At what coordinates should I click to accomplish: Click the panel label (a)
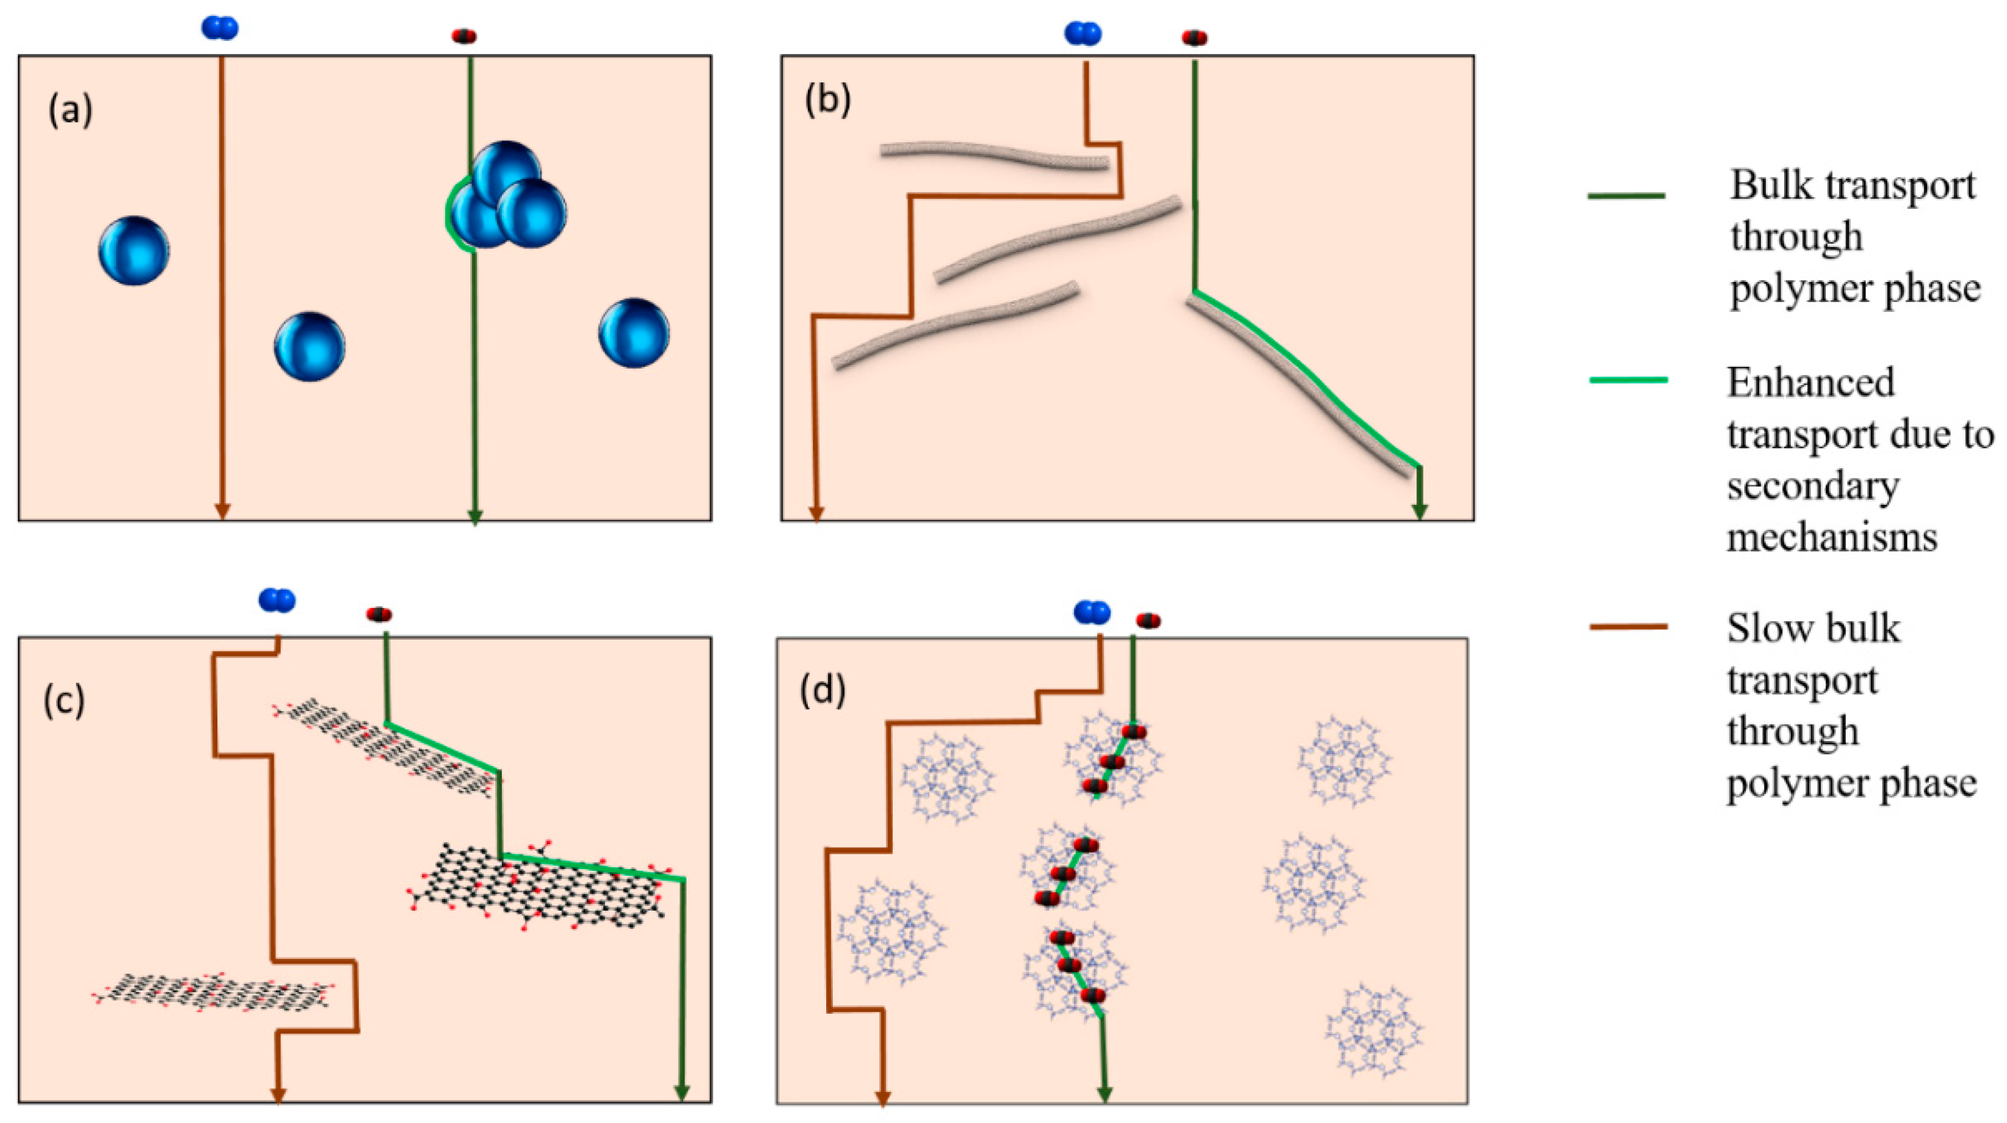pos(71,110)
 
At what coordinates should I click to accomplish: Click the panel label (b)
pos(827,101)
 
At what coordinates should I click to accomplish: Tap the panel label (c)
pos(64,700)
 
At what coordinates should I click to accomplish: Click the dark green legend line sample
pos(1627,195)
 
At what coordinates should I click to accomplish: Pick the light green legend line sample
pos(1627,380)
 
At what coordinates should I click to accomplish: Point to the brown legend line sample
pos(1627,626)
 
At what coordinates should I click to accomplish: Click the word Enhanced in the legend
pos(1810,383)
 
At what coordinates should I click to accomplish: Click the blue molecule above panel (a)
pos(220,29)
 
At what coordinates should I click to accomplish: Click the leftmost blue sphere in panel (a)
pos(134,251)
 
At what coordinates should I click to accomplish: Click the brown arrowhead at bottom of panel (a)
pos(222,511)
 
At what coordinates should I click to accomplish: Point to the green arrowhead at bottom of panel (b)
pos(1420,511)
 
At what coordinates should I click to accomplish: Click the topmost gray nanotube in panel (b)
pos(994,155)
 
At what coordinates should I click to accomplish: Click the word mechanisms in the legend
pos(1831,537)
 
